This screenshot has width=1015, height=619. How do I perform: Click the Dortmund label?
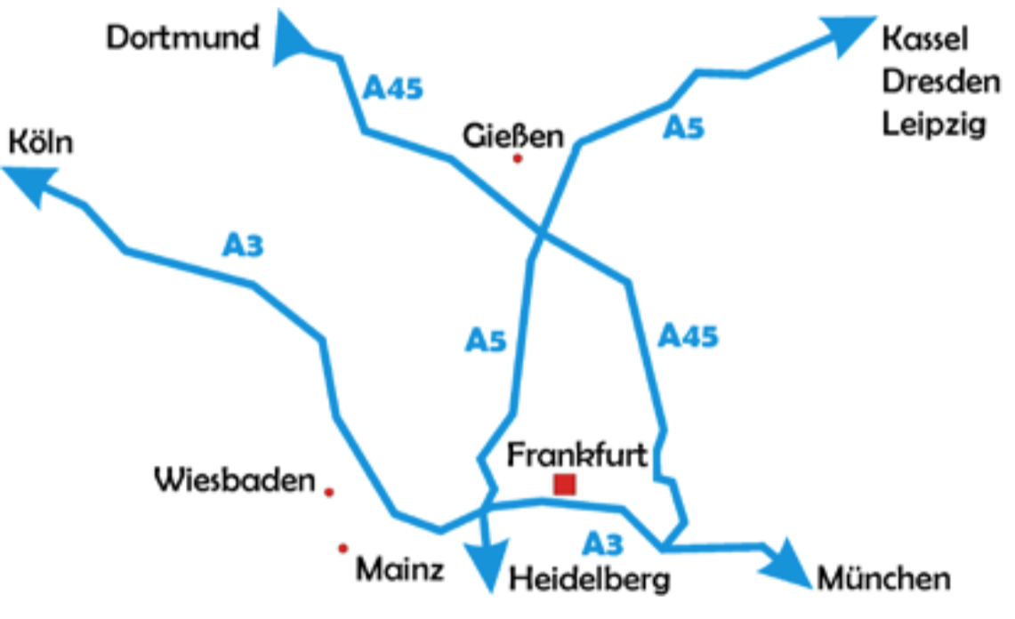pyautogui.click(x=183, y=38)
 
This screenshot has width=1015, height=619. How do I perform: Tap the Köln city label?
pyautogui.click(x=40, y=142)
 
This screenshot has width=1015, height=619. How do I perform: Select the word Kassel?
pyautogui.click(x=924, y=39)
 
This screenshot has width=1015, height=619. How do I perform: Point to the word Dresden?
pyautogui.click(x=941, y=82)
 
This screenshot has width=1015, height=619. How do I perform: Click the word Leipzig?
pyautogui.click(x=934, y=124)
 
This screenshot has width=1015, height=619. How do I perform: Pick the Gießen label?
pyautogui.click(x=513, y=136)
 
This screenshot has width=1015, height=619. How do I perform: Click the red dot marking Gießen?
pyautogui.click(x=518, y=158)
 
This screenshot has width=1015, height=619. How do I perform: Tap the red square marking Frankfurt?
pyautogui.click(x=564, y=485)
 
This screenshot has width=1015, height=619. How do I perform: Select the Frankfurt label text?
pyautogui.click(x=577, y=454)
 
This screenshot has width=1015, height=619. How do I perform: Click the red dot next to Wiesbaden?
pyautogui.click(x=329, y=492)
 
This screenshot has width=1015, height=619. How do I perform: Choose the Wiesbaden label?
pyautogui.click(x=236, y=480)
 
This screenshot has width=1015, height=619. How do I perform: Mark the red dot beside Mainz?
pyautogui.click(x=342, y=549)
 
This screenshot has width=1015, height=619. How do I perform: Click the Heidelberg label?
pyautogui.click(x=589, y=580)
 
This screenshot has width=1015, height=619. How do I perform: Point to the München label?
pyautogui.click(x=883, y=580)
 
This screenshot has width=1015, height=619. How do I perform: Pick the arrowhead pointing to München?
pyautogui.click(x=786, y=560)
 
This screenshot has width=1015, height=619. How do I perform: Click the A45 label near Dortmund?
pyautogui.click(x=393, y=89)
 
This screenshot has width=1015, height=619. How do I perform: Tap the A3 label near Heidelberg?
pyautogui.click(x=603, y=542)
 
